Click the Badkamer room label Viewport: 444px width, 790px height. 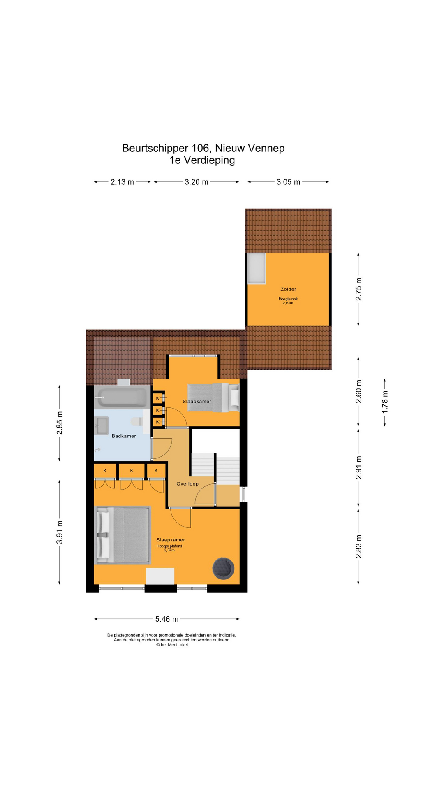coord(124,436)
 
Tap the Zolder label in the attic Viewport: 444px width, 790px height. coord(288,289)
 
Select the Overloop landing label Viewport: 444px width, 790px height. coord(187,484)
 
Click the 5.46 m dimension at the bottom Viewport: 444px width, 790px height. coord(167,619)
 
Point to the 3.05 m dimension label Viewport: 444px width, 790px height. coord(288,182)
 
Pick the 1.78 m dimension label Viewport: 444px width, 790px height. coord(385,402)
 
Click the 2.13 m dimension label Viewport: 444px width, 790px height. coord(122,182)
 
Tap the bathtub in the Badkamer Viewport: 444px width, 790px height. coord(121,398)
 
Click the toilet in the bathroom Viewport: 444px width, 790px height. coord(136,422)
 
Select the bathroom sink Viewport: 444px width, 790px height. coord(102,426)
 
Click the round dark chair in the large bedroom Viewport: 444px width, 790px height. coord(223,568)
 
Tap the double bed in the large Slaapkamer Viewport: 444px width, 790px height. coord(123,535)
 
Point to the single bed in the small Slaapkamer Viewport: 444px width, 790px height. coord(213,397)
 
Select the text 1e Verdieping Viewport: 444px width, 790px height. coord(202,160)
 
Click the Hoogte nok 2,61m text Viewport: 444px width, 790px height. coord(288,301)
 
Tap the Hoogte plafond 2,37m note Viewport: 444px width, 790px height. coord(169,548)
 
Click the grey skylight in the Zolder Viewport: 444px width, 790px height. coord(257,268)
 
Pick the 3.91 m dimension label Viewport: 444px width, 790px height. coord(60,532)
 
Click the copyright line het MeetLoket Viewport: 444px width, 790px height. coord(172,645)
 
